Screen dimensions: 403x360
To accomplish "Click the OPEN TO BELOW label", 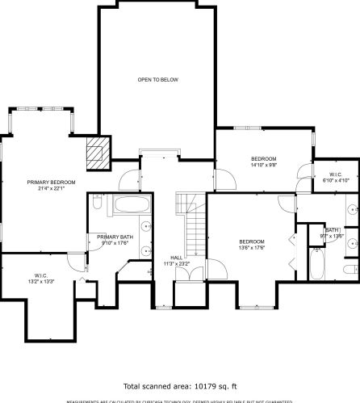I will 157,79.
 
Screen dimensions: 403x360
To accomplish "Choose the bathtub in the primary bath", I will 130,205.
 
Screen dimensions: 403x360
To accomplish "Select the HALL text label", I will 176,257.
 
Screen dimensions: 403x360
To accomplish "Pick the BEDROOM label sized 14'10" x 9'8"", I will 263,158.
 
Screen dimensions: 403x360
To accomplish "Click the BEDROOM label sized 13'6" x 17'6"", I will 252,241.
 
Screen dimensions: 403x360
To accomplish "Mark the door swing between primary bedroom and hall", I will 128,178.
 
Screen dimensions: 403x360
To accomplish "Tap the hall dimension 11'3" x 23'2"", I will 176,263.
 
